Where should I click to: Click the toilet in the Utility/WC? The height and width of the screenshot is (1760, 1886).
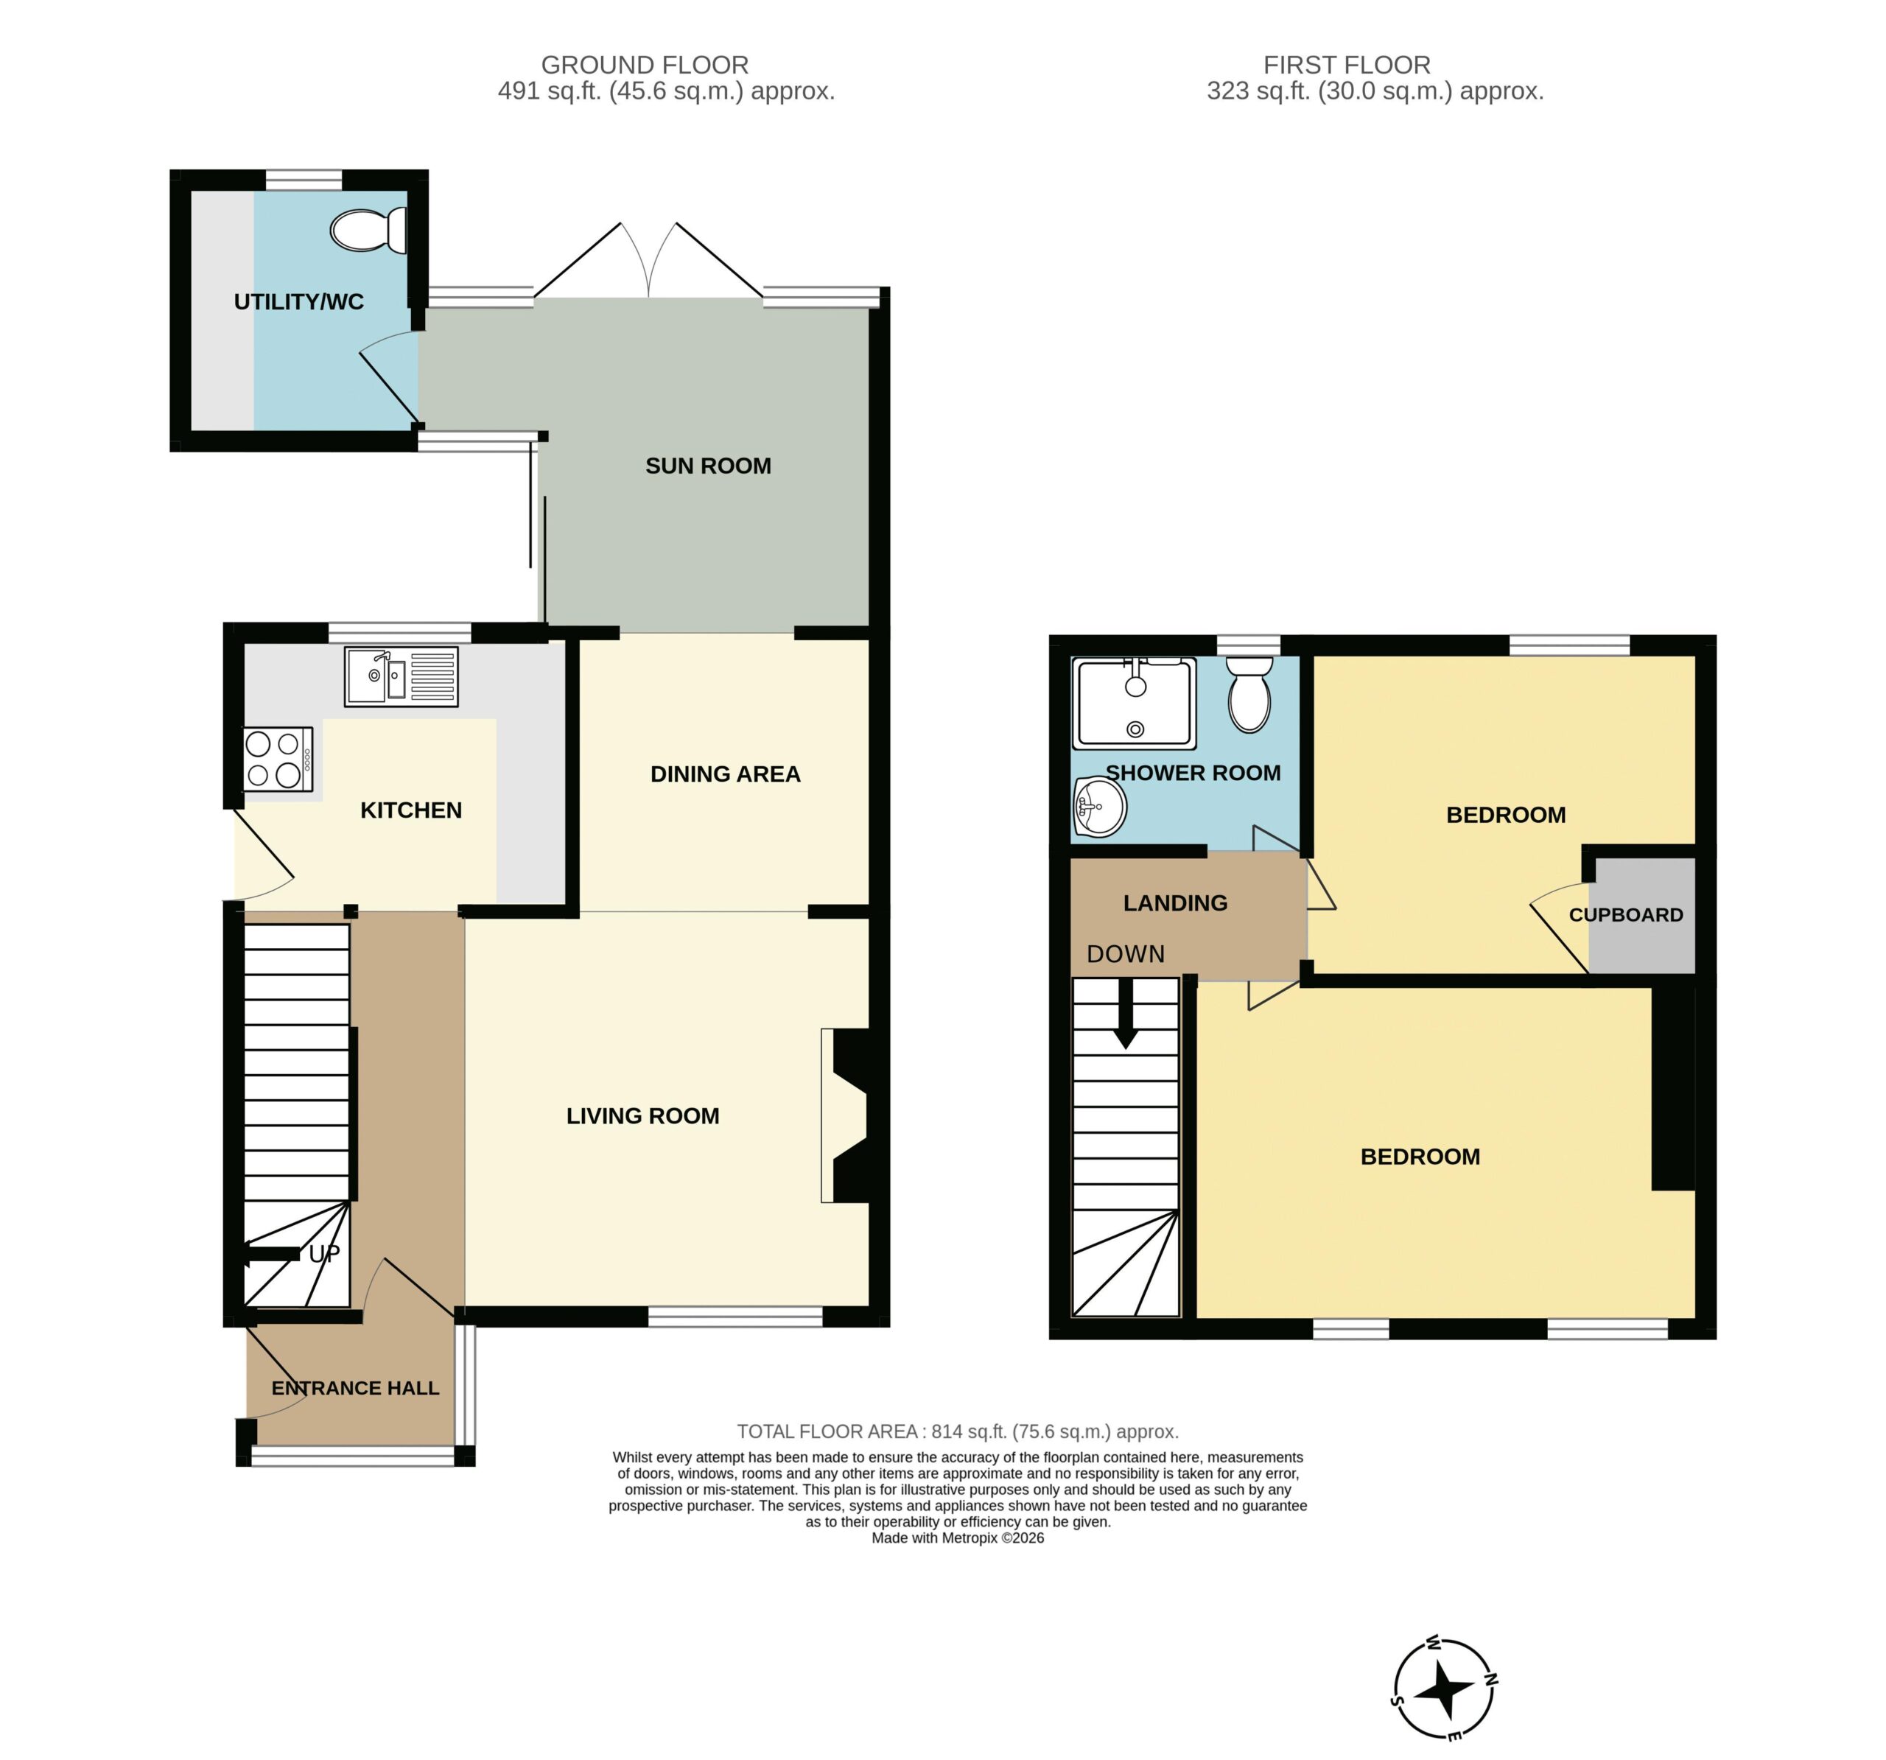click(x=369, y=231)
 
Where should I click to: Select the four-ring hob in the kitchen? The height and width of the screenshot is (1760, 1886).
click(x=278, y=759)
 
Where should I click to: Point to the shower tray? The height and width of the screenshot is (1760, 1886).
click(x=1134, y=703)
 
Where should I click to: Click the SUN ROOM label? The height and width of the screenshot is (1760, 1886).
click(x=708, y=466)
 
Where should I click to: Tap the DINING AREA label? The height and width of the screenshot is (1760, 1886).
click(x=726, y=774)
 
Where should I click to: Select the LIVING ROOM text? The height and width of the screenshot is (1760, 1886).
click(x=643, y=1116)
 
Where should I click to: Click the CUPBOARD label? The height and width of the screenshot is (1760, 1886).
click(x=1626, y=915)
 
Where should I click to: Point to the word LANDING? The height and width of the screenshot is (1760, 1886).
click(x=1175, y=903)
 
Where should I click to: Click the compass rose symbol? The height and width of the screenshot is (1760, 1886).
click(x=1445, y=1689)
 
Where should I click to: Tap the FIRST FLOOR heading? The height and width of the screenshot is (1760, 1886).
click(x=1346, y=66)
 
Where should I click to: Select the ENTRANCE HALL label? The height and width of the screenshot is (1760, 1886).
click(x=355, y=1388)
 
